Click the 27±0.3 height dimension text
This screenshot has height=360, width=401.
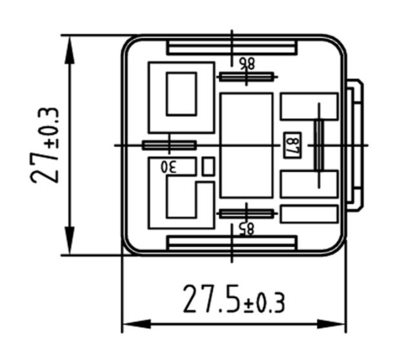tap(45, 145)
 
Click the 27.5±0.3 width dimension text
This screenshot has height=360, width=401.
tap(234, 299)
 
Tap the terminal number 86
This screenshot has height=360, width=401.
tap(247, 63)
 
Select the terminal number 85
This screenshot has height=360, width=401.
tap(247, 229)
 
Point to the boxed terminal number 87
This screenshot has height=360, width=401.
tap(293, 145)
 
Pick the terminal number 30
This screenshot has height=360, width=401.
tap(169, 167)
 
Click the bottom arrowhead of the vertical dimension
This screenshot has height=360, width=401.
tap(70, 240)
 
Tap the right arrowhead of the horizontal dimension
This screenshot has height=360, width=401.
tap(331, 324)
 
